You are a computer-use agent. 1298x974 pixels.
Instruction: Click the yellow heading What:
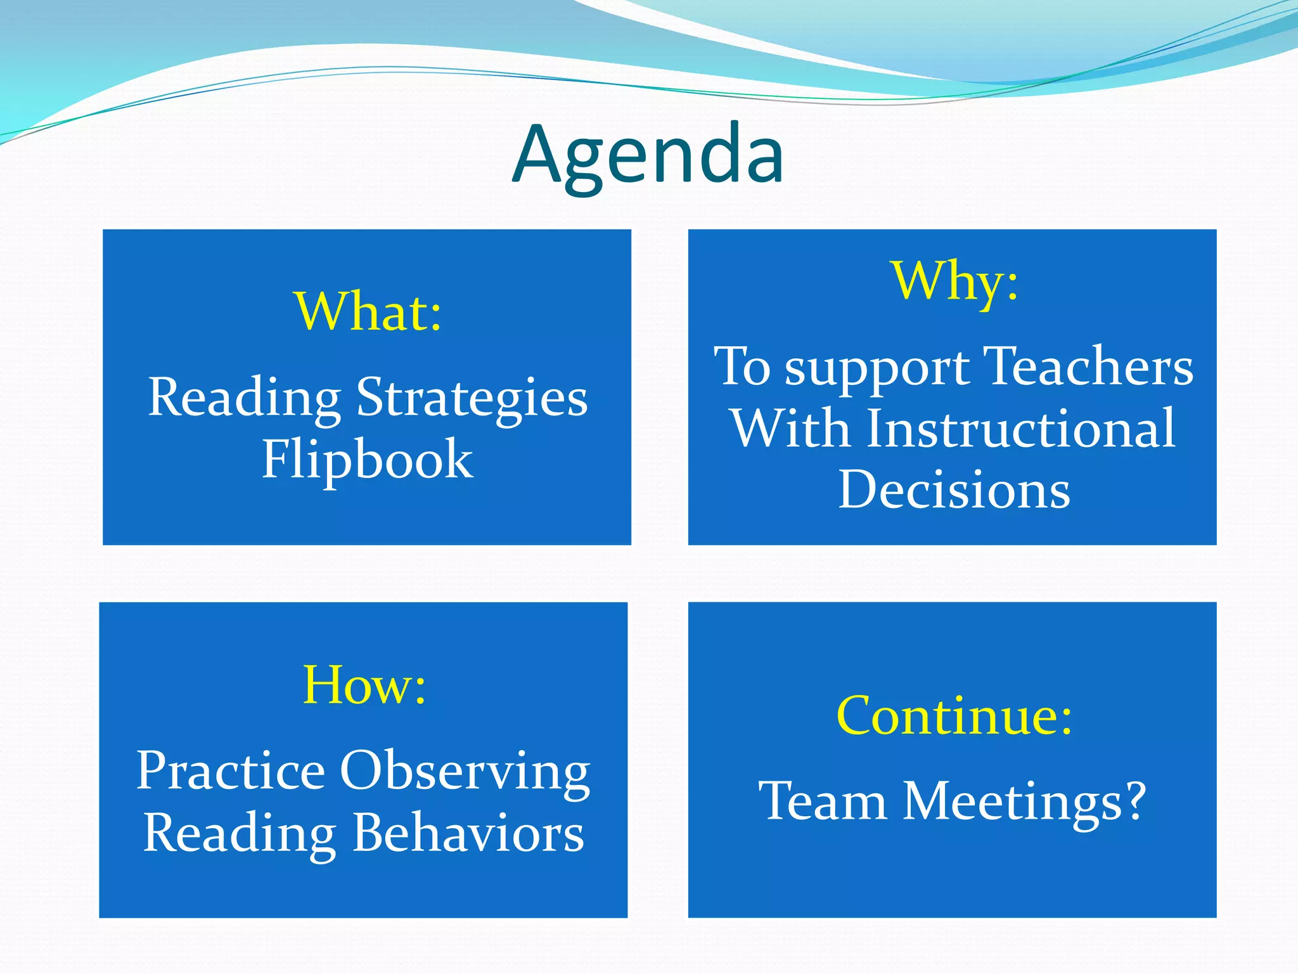pos(368,312)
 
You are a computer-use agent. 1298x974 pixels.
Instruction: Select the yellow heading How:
pos(364,685)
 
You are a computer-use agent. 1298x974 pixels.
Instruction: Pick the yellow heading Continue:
pos(954,716)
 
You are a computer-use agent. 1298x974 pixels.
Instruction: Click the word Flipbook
pos(367,459)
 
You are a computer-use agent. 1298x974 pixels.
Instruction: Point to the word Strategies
pos(472,398)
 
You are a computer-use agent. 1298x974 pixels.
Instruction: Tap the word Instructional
pos(1020,429)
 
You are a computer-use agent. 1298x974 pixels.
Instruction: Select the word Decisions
pos(954,490)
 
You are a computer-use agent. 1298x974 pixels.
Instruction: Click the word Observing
pos(465,772)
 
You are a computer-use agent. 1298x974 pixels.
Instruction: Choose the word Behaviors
pos(468,833)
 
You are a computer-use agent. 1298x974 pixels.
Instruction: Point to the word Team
pos(822,802)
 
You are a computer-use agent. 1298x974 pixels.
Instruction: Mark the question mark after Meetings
pos(1135,800)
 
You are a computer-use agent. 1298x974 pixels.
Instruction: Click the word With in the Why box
pos(790,429)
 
